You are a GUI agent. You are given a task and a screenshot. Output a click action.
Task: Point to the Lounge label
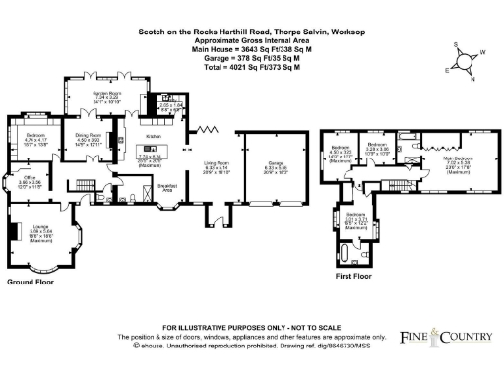tap(39, 227)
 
